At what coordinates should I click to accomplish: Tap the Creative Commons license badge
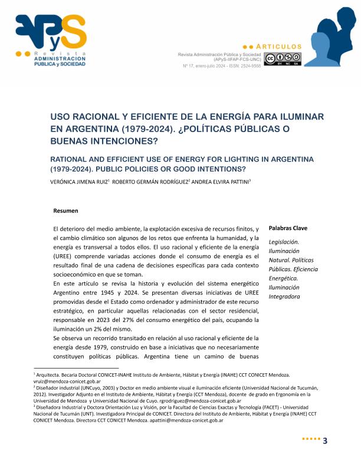[x=283, y=58]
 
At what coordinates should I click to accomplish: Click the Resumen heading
[x=65, y=211]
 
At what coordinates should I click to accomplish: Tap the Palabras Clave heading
[x=288, y=228]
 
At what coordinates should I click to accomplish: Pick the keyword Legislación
[x=284, y=242]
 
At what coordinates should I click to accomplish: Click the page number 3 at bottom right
[x=324, y=443]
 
